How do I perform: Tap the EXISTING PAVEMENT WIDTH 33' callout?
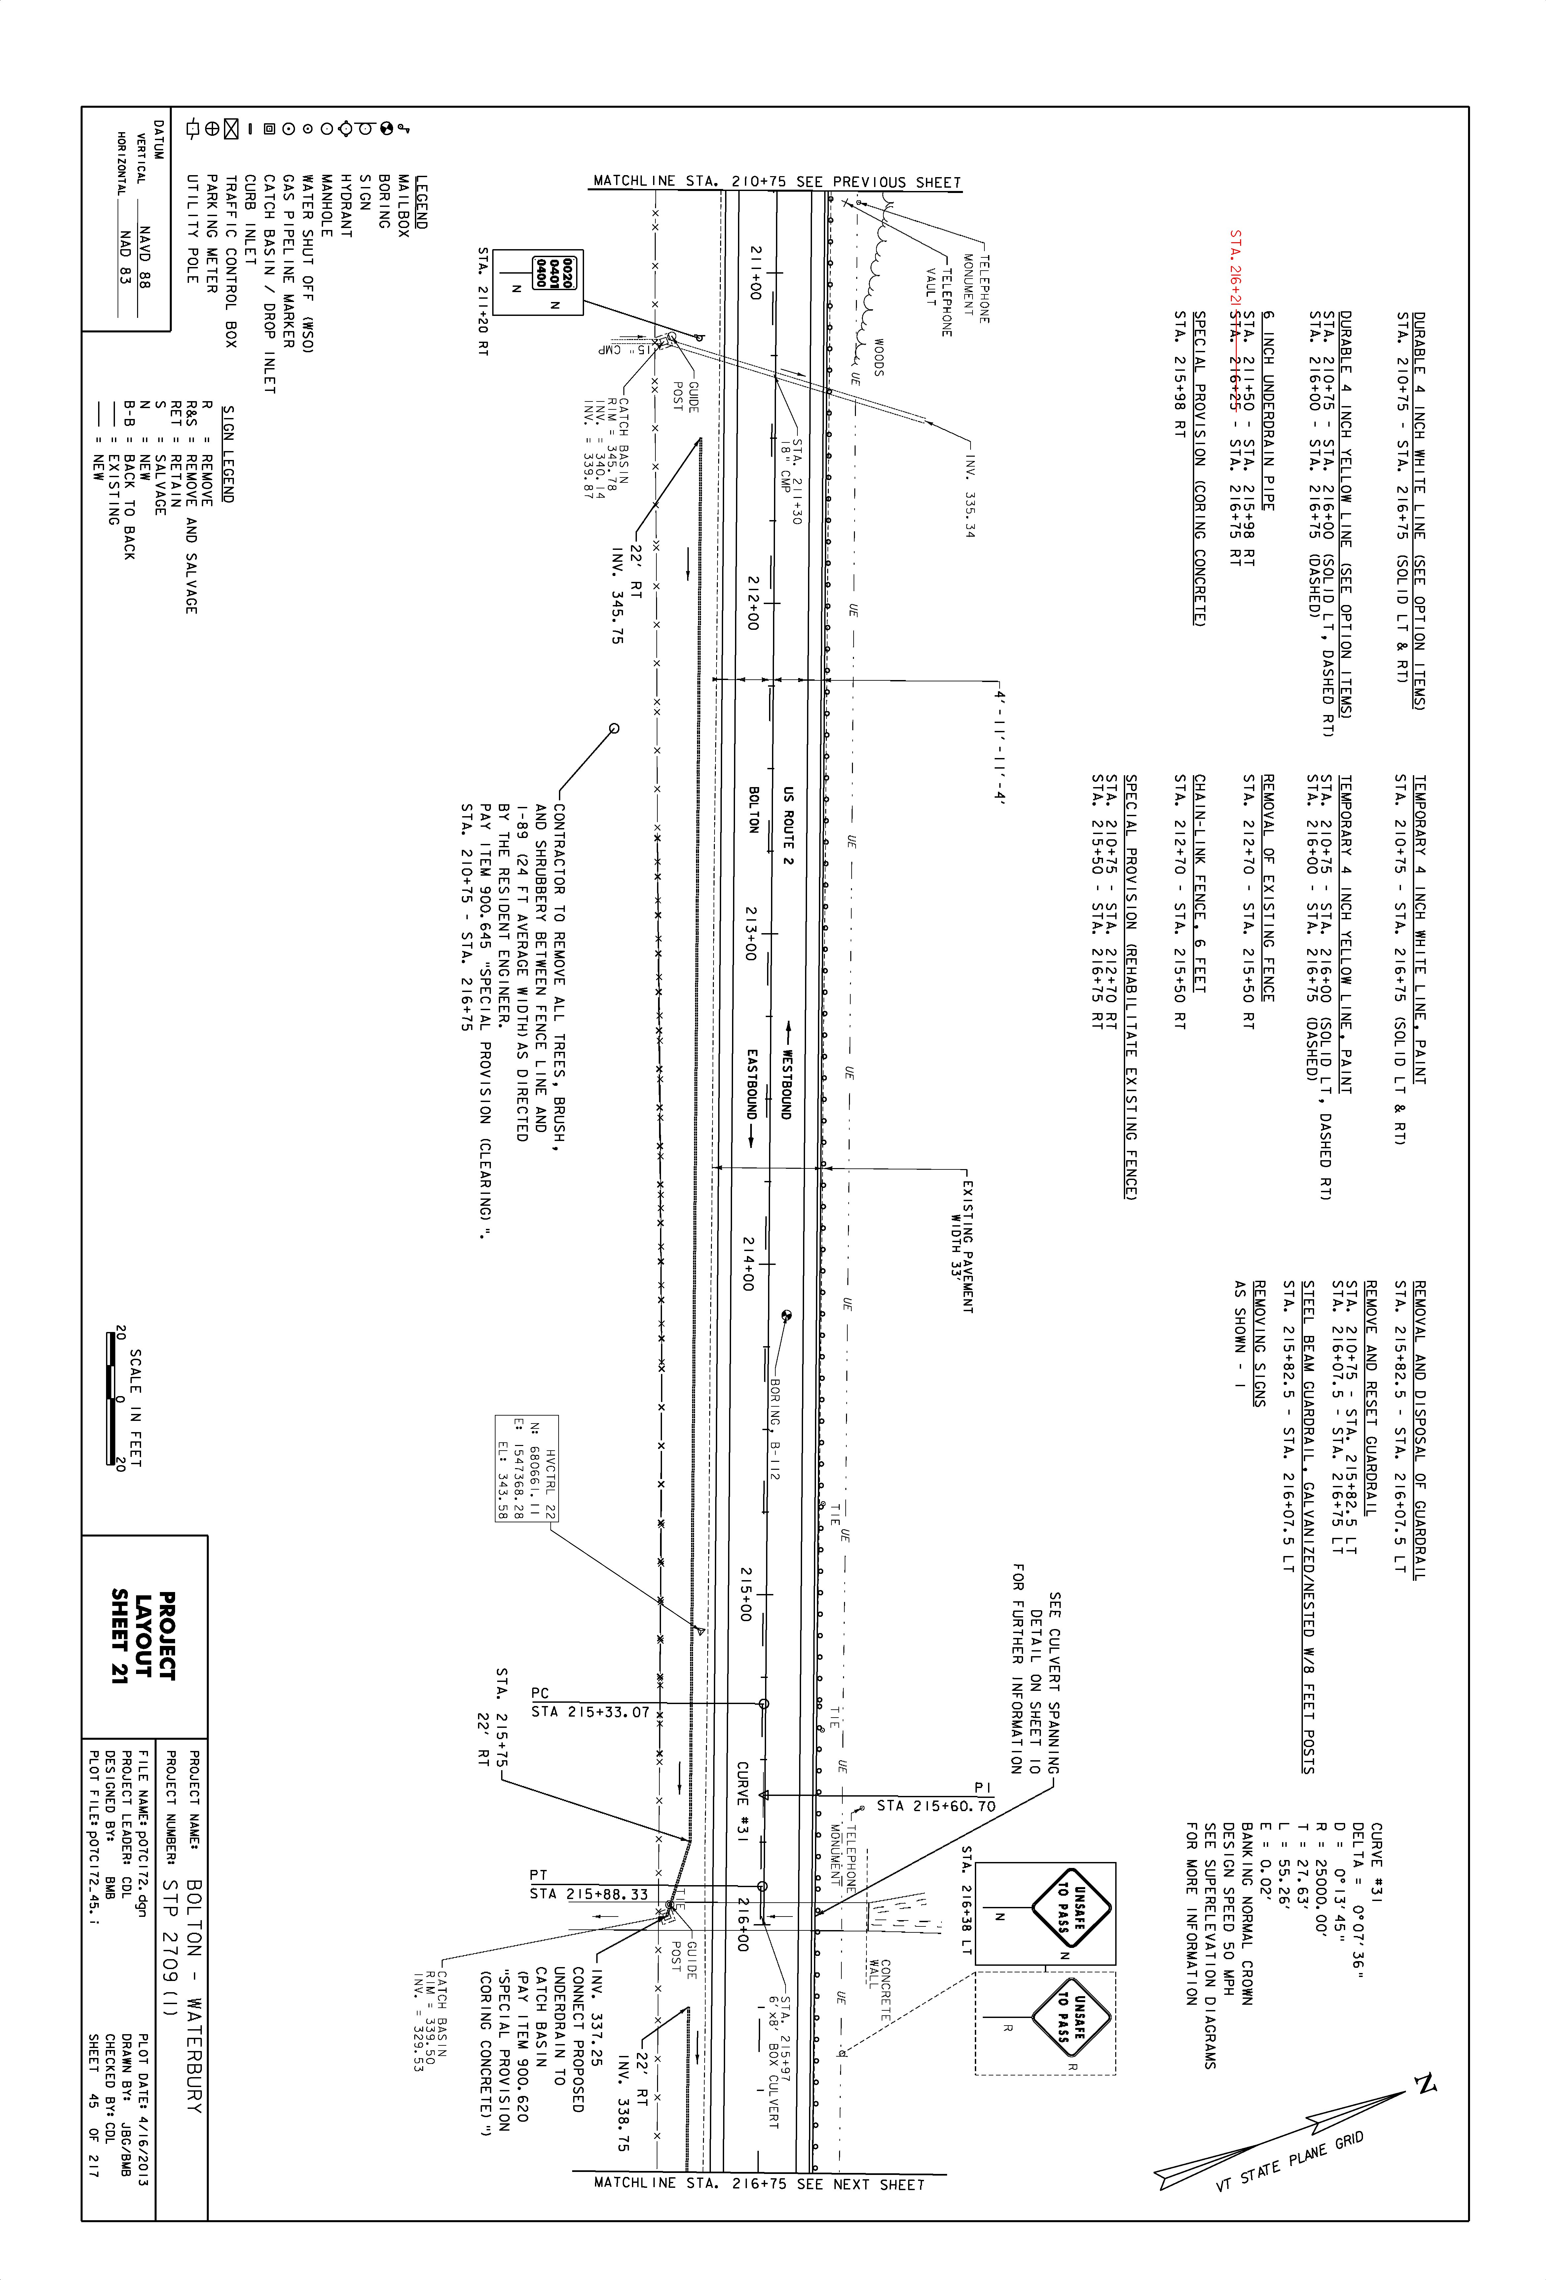coord(961,1246)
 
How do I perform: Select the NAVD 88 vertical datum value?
coord(144,257)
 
